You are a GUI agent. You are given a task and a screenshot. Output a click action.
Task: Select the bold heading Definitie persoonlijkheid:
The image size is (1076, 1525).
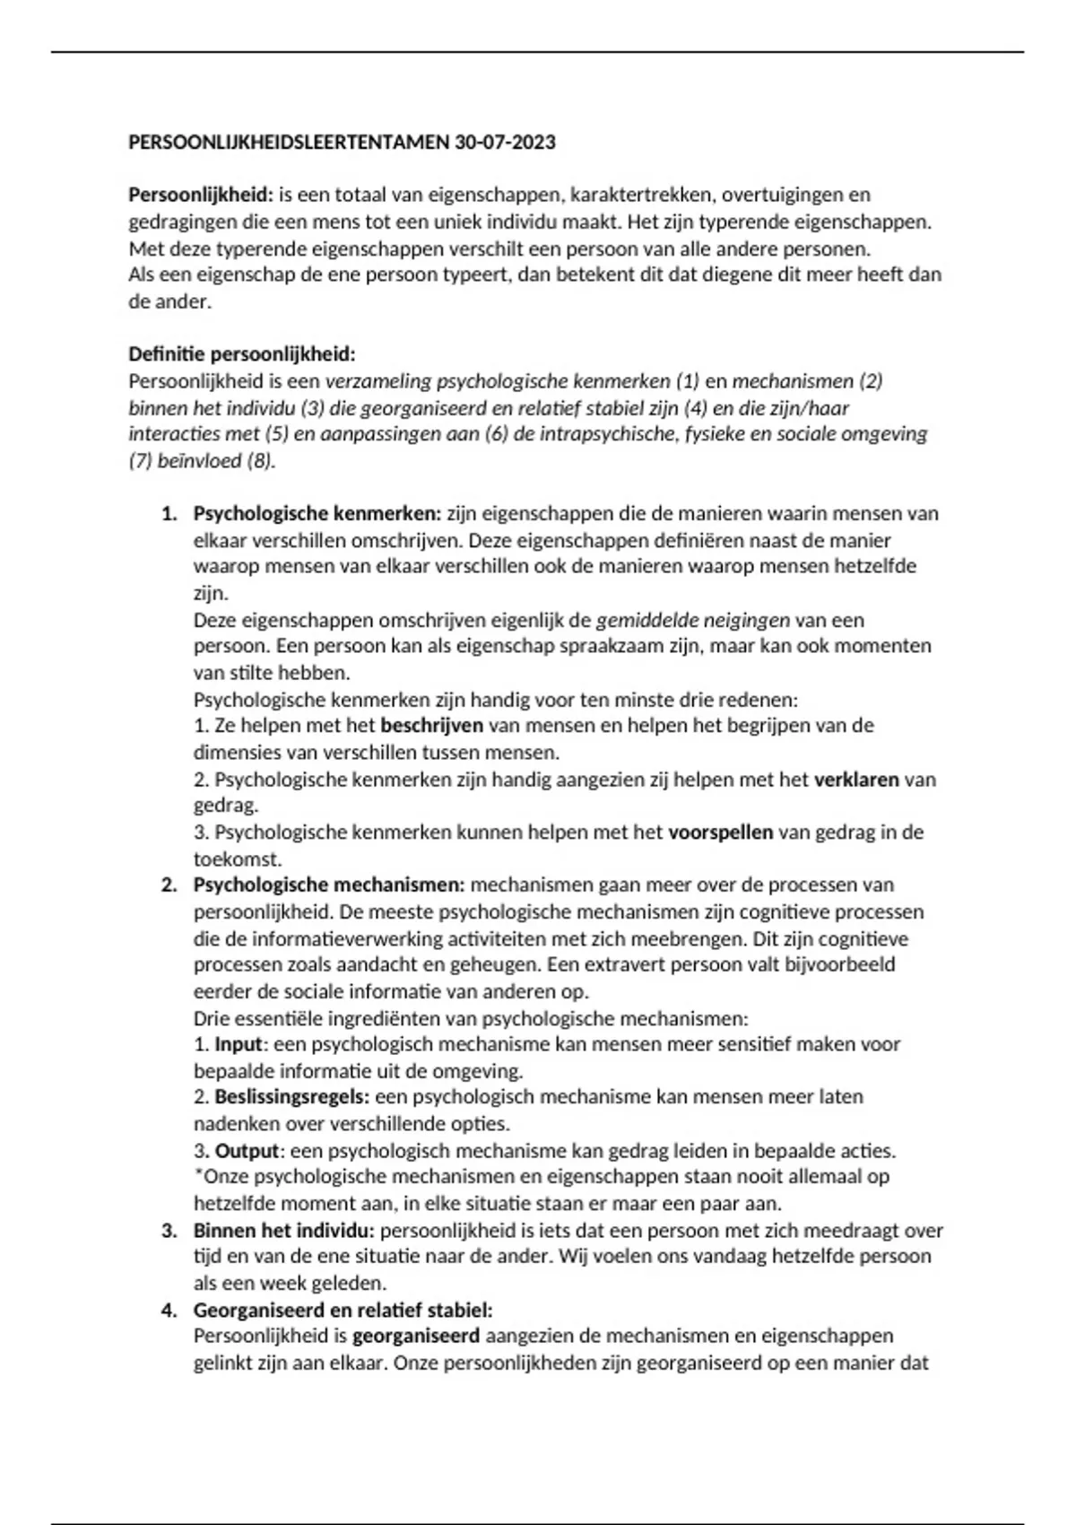click(x=242, y=354)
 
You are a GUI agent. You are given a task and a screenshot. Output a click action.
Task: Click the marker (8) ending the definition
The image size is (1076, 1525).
click(x=260, y=461)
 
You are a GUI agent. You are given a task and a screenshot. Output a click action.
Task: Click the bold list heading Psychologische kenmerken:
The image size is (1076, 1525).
click(x=317, y=514)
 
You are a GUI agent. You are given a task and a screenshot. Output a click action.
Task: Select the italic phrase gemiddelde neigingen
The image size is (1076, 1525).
click(x=692, y=620)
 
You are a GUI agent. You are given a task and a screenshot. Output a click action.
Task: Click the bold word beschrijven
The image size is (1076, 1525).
click(x=431, y=726)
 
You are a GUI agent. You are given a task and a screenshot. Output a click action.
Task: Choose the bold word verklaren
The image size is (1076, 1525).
click(x=855, y=780)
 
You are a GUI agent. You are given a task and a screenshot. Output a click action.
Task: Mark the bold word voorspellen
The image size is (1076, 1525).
click(x=720, y=832)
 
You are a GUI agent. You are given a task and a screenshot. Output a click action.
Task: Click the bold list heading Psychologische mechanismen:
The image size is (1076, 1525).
click(x=329, y=885)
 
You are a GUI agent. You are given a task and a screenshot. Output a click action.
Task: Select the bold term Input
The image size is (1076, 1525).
click(x=239, y=1045)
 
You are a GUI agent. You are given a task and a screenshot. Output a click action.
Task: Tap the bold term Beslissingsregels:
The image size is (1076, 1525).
click(x=291, y=1097)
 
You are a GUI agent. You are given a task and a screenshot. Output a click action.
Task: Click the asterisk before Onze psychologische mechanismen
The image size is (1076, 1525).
click(x=198, y=1174)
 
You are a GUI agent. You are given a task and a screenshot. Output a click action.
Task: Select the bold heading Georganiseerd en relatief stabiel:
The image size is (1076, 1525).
click(x=343, y=1311)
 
